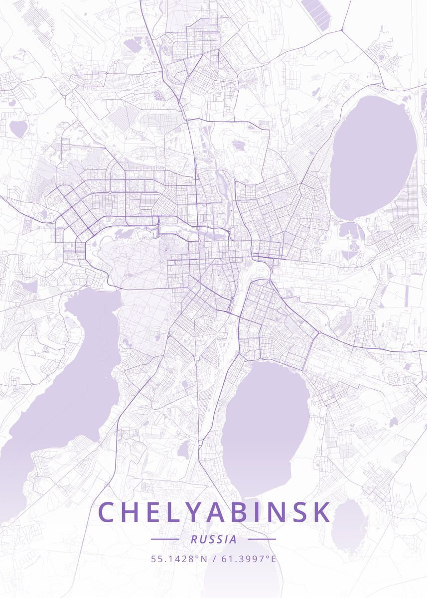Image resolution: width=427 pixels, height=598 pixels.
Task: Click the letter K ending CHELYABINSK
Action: pos(321,512)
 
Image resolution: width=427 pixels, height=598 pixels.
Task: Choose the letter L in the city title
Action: pos(177,512)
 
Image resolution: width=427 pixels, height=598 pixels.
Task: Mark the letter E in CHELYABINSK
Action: pos(156,512)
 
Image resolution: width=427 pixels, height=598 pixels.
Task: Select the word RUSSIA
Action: pos(213,539)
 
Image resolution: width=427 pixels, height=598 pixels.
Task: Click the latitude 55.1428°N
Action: pos(179,559)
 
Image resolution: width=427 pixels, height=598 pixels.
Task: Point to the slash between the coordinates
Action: pos(214,559)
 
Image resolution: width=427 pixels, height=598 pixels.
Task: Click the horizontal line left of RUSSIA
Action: pos(164,539)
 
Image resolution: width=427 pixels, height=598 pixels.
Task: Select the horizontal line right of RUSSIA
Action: pos(262,539)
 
